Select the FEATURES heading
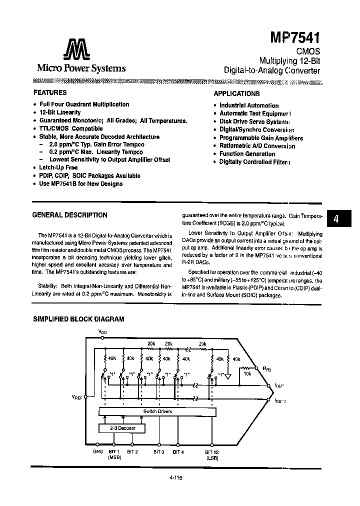coord(50,92)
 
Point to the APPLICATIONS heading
coord(236,93)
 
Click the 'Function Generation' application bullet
coord(247,154)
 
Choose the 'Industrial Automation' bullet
coord(249,105)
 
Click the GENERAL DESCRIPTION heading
coord(69,215)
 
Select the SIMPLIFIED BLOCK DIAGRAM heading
coord(78,319)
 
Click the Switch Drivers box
coord(157,411)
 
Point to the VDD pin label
coord(102,332)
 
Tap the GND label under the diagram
coord(98,451)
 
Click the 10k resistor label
coord(247,373)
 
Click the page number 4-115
coord(177,477)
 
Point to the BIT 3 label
coord(159,451)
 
